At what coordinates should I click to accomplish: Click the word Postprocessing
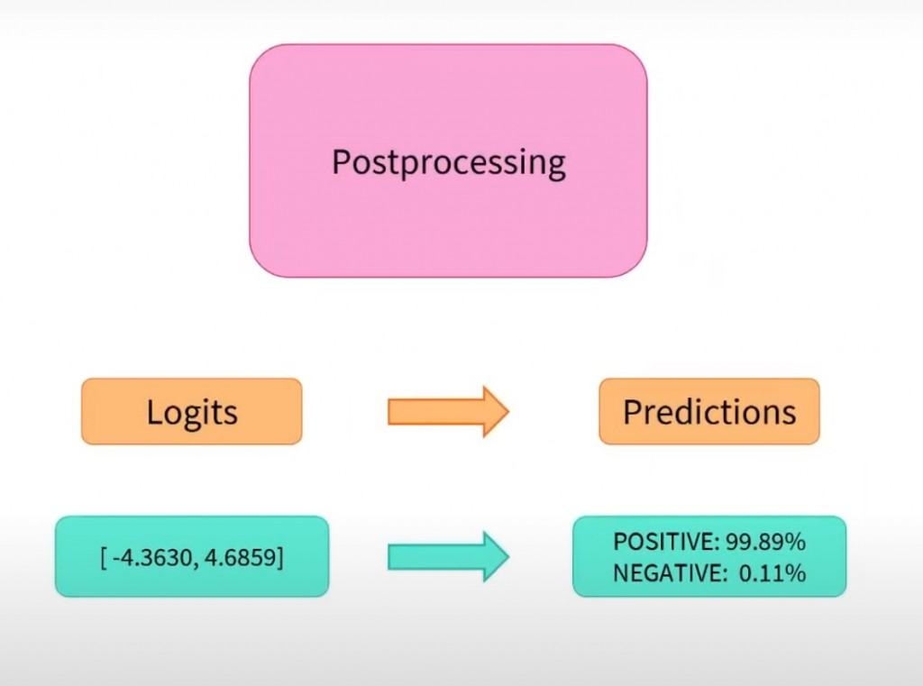(x=448, y=163)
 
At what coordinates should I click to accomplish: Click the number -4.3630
(x=149, y=557)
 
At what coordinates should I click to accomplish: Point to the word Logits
(x=191, y=412)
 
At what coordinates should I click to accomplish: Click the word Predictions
(x=709, y=412)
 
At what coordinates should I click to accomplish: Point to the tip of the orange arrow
(x=507, y=411)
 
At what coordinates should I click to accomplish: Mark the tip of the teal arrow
(x=507, y=556)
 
